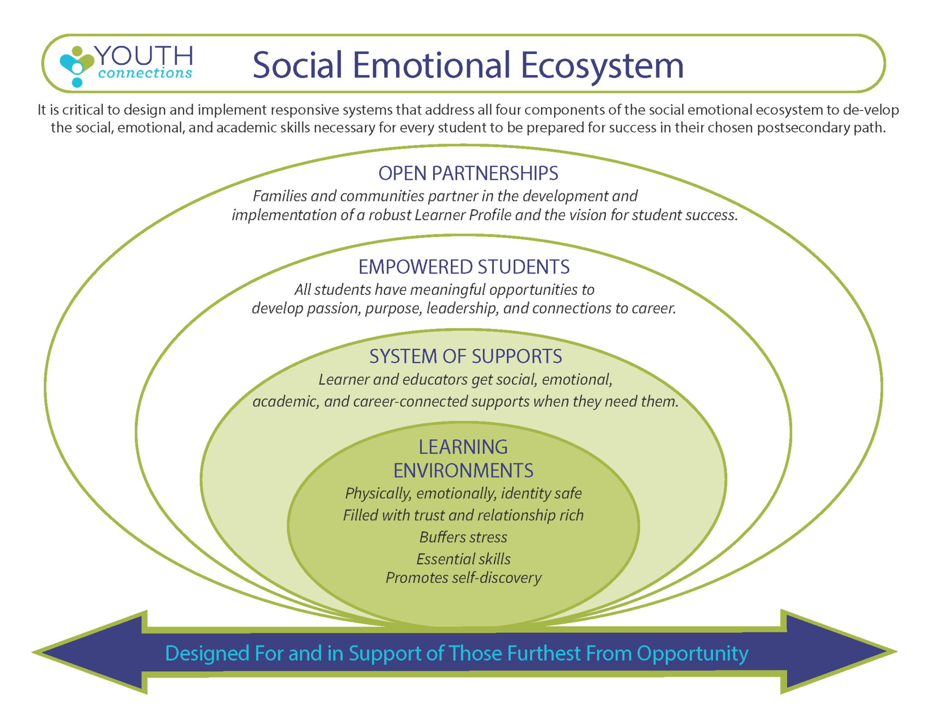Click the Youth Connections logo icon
click(76, 66)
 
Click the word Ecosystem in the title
click(602, 65)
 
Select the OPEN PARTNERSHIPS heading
click(468, 173)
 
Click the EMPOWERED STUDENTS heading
click(464, 267)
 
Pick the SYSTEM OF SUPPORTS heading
click(465, 356)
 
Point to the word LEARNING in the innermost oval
click(463, 447)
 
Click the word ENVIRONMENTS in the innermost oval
click(463, 471)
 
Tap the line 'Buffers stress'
click(463, 537)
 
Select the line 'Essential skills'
click(463, 559)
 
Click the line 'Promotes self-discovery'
click(463, 578)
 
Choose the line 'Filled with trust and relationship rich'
click(463, 515)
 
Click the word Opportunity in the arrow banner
click(692, 654)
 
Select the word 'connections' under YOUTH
click(145, 73)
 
